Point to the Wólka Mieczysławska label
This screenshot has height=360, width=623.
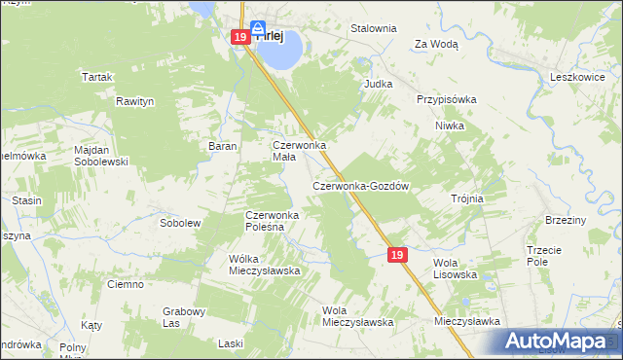coord(263,264)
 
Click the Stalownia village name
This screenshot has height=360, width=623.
coord(374,28)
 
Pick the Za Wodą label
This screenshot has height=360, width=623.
coord(436,44)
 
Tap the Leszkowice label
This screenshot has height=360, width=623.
coord(579,75)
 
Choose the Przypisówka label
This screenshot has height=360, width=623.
coord(446,99)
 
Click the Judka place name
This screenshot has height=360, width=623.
coord(378,84)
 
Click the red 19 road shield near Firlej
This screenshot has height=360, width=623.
coord(240,38)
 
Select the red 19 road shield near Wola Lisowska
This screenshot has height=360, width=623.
coord(396,254)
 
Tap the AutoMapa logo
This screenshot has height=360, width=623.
coord(559,341)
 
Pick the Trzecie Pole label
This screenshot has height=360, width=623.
coord(543,255)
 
